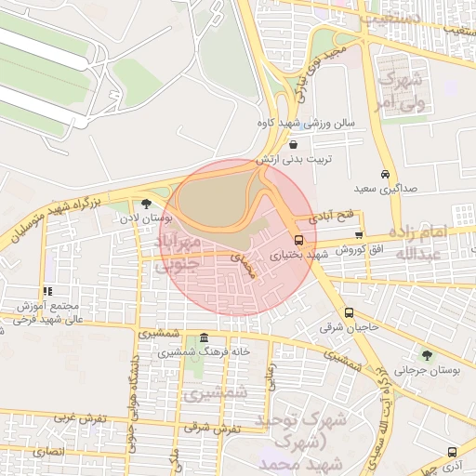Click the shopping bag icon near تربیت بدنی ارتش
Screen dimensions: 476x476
(294, 144)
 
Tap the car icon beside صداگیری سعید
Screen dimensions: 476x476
(385, 174)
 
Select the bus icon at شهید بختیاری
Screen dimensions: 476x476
(297, 238)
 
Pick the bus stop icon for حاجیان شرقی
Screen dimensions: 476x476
(349, 312)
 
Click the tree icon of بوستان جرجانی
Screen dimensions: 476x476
(427, 354)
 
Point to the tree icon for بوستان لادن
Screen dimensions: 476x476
(146, 204)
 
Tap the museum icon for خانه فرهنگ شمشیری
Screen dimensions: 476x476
(205, 337)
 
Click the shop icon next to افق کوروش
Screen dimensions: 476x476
(359, 236)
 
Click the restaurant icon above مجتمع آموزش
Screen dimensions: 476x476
(47, 291)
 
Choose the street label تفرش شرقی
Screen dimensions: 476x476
(212, 428)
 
